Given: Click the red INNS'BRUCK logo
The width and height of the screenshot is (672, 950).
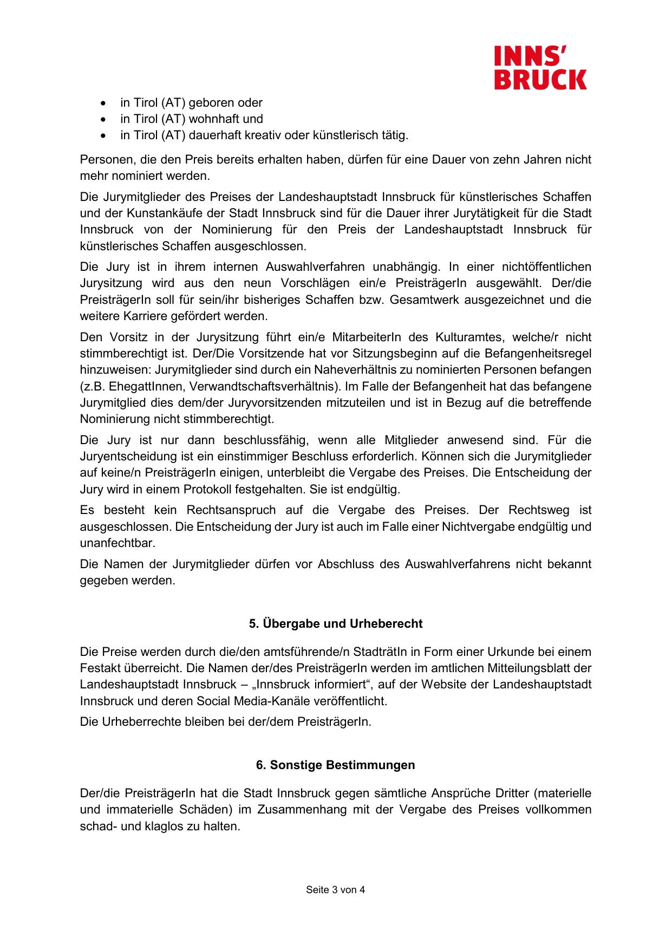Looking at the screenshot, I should point(540,68).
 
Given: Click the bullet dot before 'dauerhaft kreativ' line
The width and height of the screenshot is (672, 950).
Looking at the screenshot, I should point(103,135).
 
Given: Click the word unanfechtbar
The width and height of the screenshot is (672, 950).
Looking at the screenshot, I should point(118,543).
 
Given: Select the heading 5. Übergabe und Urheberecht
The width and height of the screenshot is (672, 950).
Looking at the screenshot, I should point(336,624).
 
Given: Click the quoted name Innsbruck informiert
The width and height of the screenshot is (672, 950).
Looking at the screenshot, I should point(311,685).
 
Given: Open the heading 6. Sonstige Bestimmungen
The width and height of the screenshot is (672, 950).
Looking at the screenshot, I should point(336,765).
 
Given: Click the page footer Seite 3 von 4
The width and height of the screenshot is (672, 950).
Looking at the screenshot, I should point(336,890).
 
